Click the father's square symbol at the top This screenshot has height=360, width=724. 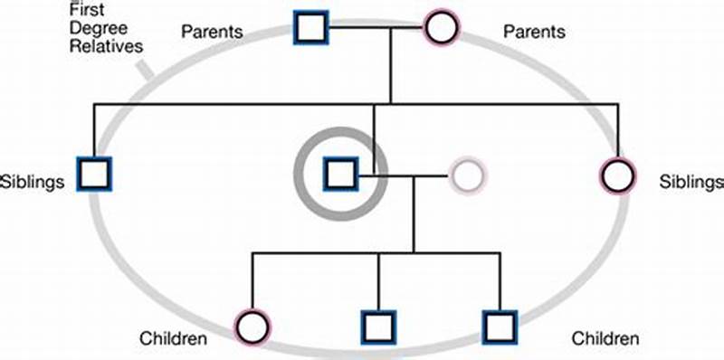310,29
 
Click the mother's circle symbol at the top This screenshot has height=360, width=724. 441,29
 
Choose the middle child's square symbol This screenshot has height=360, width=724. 378,327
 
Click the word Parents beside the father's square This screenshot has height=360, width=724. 212,33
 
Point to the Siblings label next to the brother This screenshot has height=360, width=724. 33,182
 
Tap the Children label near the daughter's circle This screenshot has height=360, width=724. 174,339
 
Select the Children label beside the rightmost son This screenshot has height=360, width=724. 605,339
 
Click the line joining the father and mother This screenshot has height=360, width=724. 375,29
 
